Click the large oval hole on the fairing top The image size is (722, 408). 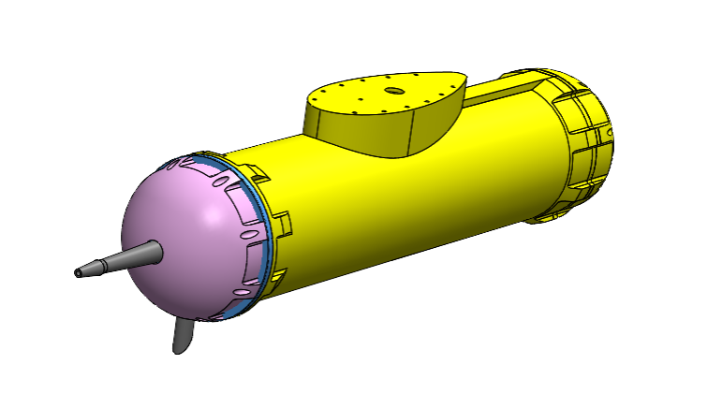coord(394,91)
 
